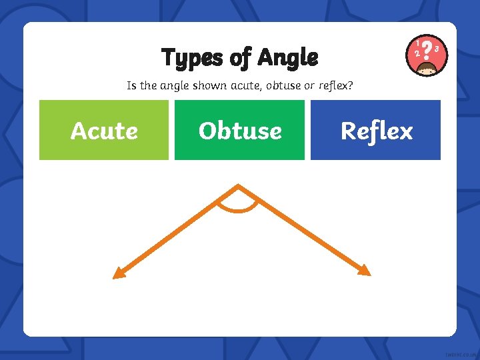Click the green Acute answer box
104,130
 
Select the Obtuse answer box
239,130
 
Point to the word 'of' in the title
239,58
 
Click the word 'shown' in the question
209,86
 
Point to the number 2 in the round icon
417,53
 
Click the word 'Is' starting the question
131,86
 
